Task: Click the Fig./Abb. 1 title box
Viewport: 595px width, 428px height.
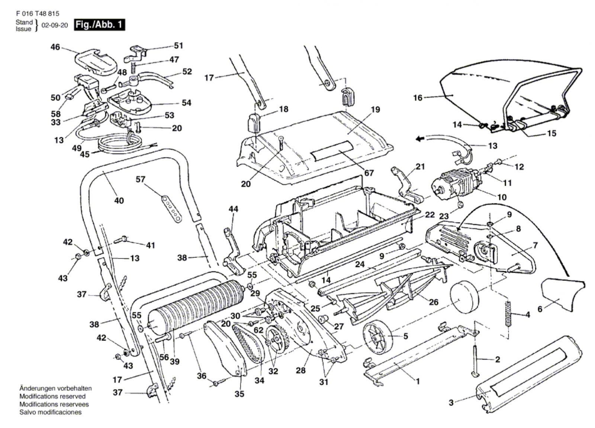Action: (99, 25)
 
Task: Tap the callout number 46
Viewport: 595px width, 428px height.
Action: (55, 47)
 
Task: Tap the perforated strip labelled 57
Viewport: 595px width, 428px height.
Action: (171, 207)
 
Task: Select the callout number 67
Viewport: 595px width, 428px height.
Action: (369, 173)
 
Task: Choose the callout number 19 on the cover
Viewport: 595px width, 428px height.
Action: (375, 109)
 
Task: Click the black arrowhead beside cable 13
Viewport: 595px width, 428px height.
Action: (420, 139)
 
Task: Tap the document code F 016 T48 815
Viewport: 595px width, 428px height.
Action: (38, 13)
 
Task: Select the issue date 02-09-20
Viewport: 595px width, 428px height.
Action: (55, 26)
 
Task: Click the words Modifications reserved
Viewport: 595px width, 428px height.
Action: (52, 396)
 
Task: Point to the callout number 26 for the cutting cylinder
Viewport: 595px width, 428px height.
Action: (434, 302)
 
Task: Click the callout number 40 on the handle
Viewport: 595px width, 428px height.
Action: (119, 201)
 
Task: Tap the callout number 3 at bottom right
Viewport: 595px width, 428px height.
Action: (451, 402)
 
